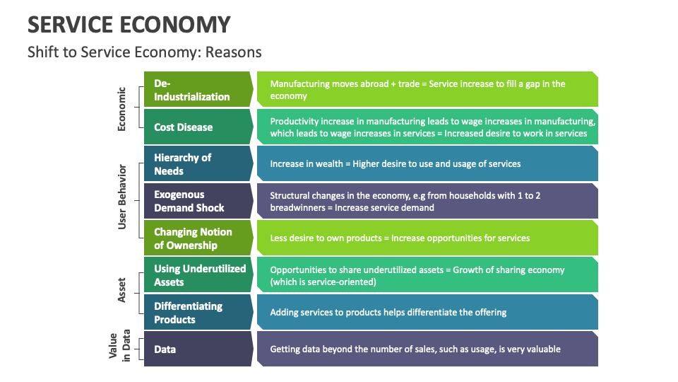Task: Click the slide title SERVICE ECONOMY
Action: [129, 24]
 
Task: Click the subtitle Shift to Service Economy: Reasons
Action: [144, 52]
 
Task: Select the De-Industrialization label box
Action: [198, 89]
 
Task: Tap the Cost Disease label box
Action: [198, 127]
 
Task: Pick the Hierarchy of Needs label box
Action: [198, 163]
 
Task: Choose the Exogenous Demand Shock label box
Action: [198, 200]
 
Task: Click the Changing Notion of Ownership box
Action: [198, 238]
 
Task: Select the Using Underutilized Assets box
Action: [198, 274]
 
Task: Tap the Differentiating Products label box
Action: [198, 312]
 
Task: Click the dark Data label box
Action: [198, 349]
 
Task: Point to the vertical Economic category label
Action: [121, 109]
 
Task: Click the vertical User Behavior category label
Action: [122, 197]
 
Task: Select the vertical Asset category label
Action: [121, 290]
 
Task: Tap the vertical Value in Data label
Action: [119, 346]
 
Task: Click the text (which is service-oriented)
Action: [323, 282]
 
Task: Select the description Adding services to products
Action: [388, 312]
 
